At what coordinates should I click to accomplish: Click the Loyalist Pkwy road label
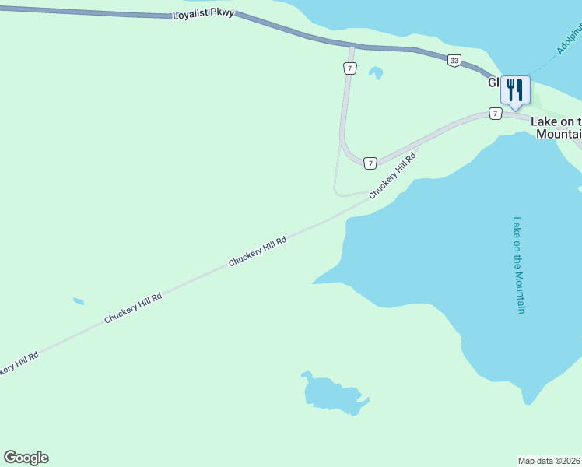coord(203,14)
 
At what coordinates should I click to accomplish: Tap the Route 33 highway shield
coord(454,61)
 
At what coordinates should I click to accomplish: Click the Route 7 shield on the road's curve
coord(370,163)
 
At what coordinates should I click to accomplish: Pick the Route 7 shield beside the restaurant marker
coord(495,114)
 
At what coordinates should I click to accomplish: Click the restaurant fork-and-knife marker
coord(514,90)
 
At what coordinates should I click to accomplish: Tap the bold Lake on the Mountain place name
coord(556,128)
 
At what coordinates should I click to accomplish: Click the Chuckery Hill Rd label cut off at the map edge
coord(17,363)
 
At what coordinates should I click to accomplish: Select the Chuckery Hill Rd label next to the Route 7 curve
coord(393,175)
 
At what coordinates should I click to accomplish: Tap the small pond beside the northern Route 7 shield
coord(376,73)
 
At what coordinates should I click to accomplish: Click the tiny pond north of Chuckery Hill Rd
coord(78,301)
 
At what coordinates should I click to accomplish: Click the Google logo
coord(26,458)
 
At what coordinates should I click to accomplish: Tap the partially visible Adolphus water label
coord(570,38)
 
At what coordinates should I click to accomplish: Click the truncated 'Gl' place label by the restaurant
coord(494,83)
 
